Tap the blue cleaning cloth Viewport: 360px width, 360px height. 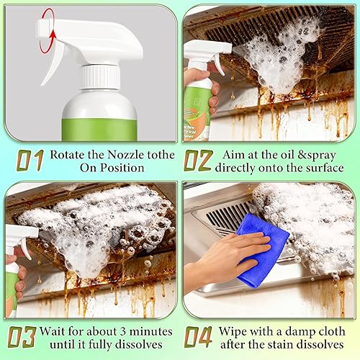tap(261, 249)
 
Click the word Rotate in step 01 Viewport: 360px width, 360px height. tap(69, 154)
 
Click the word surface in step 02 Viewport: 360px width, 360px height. tap(321, 168)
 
